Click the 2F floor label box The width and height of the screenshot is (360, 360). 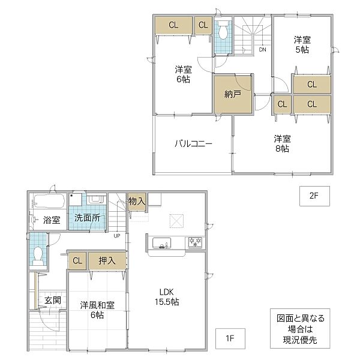(x=314, y=196)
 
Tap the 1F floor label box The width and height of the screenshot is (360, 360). (x=230, y=338)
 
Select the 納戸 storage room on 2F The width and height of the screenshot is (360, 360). (x=233, y=94)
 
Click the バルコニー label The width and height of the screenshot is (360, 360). (x=193, y=144)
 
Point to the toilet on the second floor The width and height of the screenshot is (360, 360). (x=223, y=29)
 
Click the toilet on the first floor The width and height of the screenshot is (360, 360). (x=38, y=256)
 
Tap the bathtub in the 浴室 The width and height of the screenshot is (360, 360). (x=49, y=200)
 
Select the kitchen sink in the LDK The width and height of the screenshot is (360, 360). (x=161, y=243)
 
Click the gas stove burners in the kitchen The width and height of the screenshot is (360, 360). (x=195, y=242)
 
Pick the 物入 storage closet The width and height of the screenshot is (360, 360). (x=137, y=202)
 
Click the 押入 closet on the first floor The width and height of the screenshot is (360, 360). (x=107, y=261)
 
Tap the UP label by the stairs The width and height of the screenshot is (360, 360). (x=117, y=236)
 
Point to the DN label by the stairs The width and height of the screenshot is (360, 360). (x=262, y=49)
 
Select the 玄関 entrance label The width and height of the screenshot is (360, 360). (x=53, y=300)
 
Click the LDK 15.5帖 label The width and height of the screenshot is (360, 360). (x=167, y=297)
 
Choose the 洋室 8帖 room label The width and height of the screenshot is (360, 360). (x=282, y=144)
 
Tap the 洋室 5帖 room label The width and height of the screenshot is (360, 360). (x=302, y=44)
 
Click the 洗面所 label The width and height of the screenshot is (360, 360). (x=87, y=218)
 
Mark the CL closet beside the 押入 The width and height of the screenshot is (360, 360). (x=77, y=261)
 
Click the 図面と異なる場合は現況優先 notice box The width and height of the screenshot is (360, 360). (x=300, y=328)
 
